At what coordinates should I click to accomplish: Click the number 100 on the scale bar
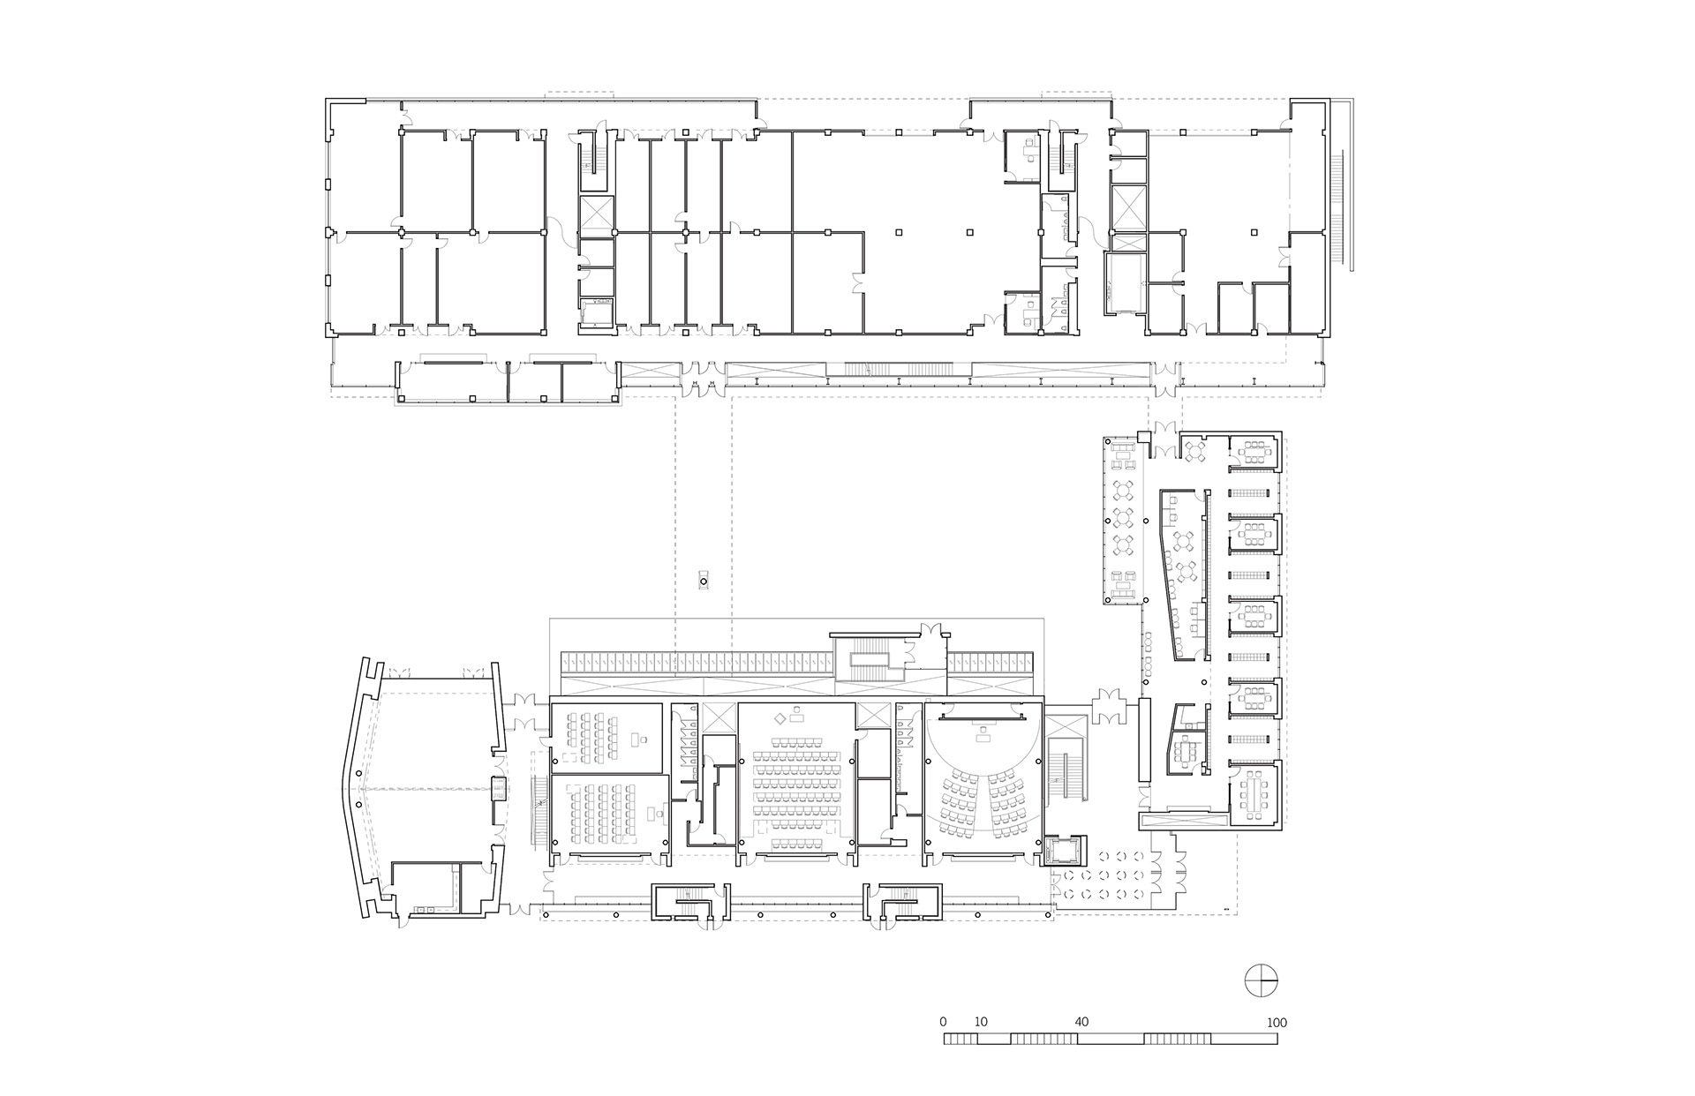(1276, 1023)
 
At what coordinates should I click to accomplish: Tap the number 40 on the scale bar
(1081, 1022)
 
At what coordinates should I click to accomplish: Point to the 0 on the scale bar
(943, 1022)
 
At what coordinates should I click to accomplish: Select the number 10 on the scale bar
(980, 1022)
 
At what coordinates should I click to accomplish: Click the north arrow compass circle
(1262, 980)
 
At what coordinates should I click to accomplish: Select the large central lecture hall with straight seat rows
(795, 781)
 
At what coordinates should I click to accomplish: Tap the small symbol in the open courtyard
(704, 581)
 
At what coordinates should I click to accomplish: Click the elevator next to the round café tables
(1060, 852)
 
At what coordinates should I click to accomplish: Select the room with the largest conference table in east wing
(1254, 794)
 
